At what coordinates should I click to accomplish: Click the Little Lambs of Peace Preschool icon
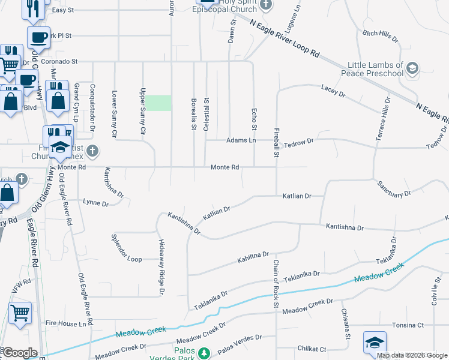pos(412,68)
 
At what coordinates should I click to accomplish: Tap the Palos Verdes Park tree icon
pos(204,353)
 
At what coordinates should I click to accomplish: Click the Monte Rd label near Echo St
pos(225,167)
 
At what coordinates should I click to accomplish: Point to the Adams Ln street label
pos(241,140)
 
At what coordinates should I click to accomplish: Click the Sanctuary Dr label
pos(394,190)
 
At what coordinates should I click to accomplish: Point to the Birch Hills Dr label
pos(381,35)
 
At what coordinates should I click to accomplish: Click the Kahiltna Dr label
pos(252,257)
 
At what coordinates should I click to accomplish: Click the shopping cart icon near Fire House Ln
pos(20,313)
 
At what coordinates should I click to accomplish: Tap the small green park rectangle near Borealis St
pos(160,103)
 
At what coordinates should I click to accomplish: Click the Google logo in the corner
pos(19,353)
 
